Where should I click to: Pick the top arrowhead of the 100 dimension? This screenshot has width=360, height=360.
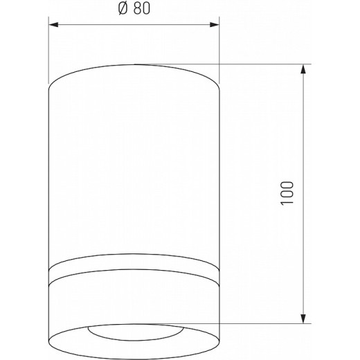[x=303, y=70]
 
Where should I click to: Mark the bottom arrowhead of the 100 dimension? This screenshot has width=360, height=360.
[x=303, y=318]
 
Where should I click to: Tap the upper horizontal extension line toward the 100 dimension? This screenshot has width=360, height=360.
[x=263, y=65]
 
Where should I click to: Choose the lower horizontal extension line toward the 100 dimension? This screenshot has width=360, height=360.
[x=263, y=323]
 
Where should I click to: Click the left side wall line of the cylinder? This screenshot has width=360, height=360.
[x=48, y=173]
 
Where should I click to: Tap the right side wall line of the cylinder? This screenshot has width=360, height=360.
[x=219, y=173]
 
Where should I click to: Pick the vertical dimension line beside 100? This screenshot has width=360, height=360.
[x=303, y=138]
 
